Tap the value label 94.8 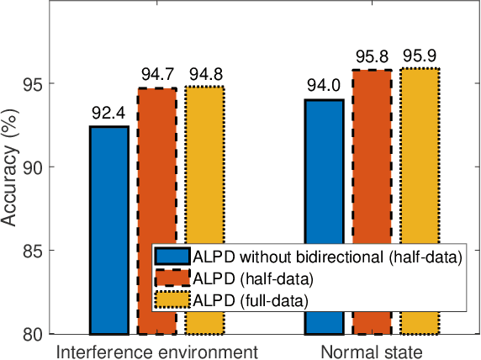coord(205,74)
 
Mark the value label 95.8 coord(372,57)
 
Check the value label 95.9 coord(420,56)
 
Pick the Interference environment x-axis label coord(156,350)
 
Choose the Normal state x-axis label coord(372,350)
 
